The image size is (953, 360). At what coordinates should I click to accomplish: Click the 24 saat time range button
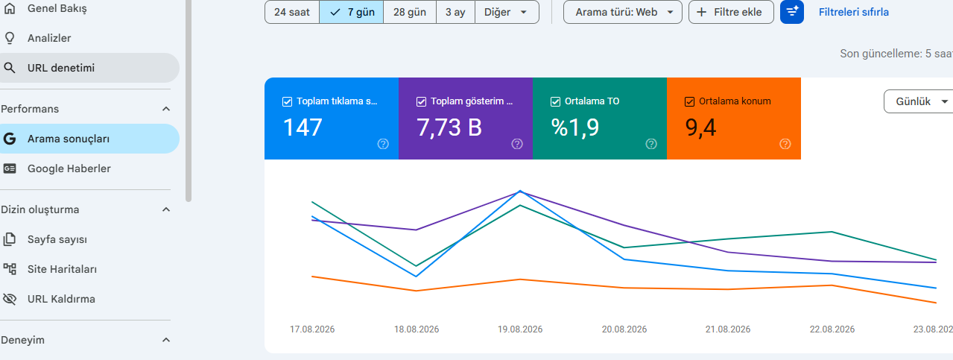(292, 12)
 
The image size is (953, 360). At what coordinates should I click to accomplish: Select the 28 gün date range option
(410, 12)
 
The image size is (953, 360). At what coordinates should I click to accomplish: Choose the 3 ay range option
(455, 12)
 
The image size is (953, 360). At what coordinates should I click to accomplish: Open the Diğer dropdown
(507, 12)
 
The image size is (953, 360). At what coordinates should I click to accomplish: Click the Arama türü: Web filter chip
(623, 12)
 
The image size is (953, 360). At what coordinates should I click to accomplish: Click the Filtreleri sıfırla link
(853, 12)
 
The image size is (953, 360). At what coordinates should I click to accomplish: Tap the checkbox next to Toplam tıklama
(287, 101)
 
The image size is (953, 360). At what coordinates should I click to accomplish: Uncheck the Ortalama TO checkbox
(555, 101)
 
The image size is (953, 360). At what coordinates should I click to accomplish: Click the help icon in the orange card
(785, 144)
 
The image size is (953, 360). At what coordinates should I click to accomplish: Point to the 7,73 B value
(449, 127)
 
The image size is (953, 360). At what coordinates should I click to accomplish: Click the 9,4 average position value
(700, 127)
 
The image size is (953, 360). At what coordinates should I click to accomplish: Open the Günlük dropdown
(919, 101)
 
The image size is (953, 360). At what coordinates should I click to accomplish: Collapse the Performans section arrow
(166, 109)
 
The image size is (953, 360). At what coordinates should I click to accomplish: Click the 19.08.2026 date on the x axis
(520, 329)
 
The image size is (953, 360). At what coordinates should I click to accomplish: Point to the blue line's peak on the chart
(520, 191)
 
